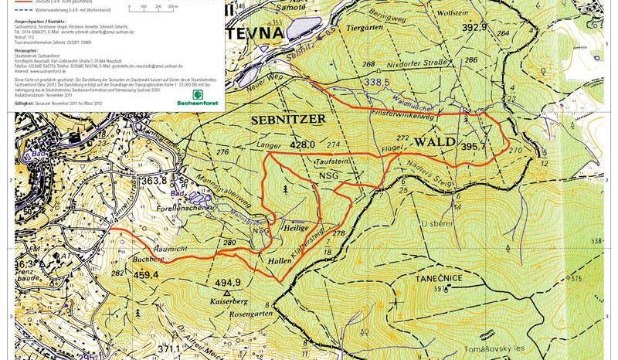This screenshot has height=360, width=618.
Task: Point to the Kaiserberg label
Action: pyautogui.click(x=226, y=299)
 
